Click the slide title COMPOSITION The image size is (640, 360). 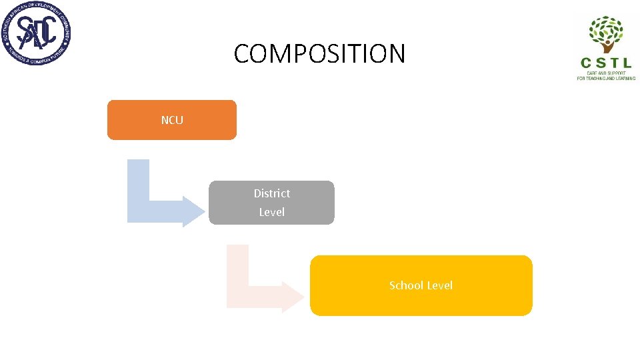coord(319,53)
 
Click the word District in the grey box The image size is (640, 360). coord(271,193)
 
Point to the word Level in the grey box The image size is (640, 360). coord(271,212)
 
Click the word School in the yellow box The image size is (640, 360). coord(405,285)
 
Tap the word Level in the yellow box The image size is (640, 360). coord(440,285)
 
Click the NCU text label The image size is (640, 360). coord(172,120)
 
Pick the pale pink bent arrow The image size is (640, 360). coord(238,280)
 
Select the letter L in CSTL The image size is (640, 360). coord(628,63)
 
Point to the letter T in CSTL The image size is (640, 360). coord(614,63)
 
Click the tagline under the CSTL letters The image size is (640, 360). coord(606,76)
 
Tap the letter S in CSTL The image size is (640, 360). coord(600,63)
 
